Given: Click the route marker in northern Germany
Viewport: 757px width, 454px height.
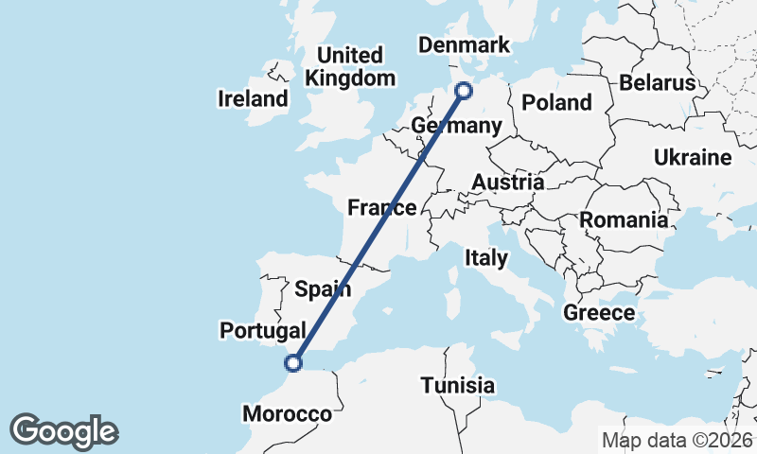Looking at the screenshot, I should pyautogui.click(x=464, y=91).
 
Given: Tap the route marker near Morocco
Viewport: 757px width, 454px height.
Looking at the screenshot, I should pyautogui.click(x=294, y=362).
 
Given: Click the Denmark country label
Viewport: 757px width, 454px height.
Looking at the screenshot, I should pyautogui.click(x=464, y=45).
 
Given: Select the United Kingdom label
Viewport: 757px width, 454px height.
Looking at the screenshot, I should pyautogui.click(x=350, y=66).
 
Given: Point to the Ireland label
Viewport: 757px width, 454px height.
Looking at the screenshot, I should pyautogui.click(x=253, y=98).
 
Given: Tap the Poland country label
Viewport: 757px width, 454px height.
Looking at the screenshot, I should pyautogui.click(x=556, y=102).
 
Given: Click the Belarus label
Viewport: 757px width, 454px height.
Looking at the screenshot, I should pyautogui.click(x=658, y=83).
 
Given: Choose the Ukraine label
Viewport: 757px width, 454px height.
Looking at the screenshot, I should pyautogui.click(x=693, y=157).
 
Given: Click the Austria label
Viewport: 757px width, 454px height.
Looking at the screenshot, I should pyautogui.click(x=508, y=182).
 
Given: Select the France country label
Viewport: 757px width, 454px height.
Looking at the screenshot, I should pyautogui.click(x=382, y=208).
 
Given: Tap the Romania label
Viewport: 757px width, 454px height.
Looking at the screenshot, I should pyautogui.click(x=624, y=219).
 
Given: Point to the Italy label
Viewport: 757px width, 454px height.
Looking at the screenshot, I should pyautogui.click(x=485, y=257).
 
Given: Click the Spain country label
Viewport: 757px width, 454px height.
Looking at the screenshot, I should pyautogui.click(x=324, y=288).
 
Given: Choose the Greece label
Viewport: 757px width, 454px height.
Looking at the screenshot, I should pyautogui.click(x=598, y=312).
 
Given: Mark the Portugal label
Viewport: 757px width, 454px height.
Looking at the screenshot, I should pyautogui.click(x=262, y=330).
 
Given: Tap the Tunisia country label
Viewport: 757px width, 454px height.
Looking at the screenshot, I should pyautogui.click(x=458, y=386).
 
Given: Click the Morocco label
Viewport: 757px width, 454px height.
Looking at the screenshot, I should pyautogui.click(x=288, y=414).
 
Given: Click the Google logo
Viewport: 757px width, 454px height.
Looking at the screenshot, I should pyautogui.click(x=63, y=431).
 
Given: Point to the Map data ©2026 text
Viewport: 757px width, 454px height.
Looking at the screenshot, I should pyautogui.click(x=678, y=441).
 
